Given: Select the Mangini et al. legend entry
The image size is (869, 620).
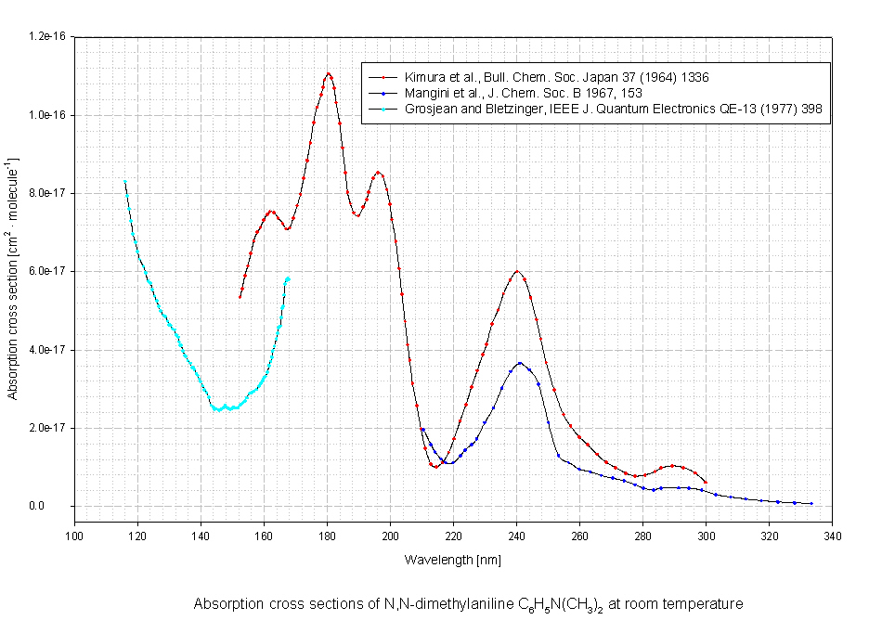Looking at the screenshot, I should [519, 93].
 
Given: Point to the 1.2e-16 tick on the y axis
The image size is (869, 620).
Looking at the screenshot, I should [48, 36].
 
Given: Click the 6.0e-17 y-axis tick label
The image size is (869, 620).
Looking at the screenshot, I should [48, 271].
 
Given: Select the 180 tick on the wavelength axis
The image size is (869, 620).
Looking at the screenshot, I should [327, 536].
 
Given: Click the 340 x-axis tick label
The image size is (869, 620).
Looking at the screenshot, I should [832, 536].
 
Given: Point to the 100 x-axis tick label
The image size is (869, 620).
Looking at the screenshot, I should [74, 536].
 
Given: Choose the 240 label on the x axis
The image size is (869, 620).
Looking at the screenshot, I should [516, 536].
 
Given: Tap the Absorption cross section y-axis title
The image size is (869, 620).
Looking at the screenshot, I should [13, 279].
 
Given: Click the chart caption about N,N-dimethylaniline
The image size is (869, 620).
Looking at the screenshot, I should [468, 604].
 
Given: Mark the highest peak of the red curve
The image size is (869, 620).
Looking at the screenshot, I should [329, 73].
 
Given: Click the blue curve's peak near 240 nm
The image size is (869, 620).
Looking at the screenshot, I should [520, 363].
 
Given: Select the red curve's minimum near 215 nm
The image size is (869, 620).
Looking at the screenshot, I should [434, 466].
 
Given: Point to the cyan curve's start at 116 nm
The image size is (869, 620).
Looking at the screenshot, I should [124, 181].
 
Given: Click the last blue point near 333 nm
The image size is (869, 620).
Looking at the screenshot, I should [811, 503].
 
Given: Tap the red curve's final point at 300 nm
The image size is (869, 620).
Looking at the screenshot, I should [706, 482].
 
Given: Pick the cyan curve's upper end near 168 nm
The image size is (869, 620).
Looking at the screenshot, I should [288, 278].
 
